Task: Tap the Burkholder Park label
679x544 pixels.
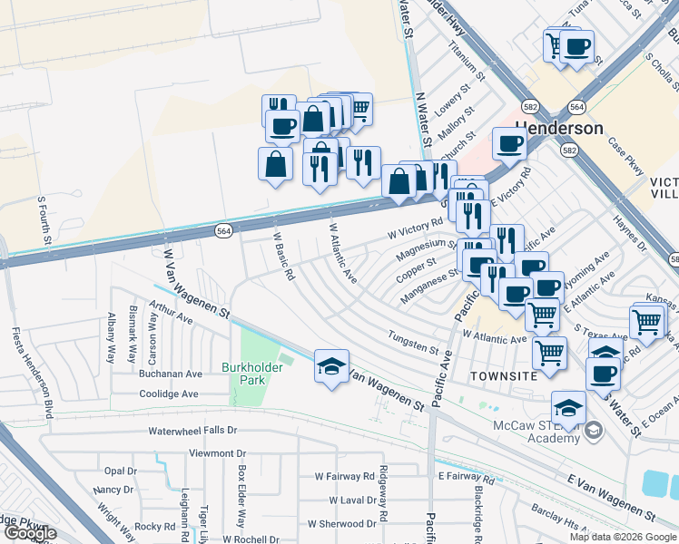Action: (x=252, y=374)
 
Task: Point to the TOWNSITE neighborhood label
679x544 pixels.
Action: (x=496, y=374)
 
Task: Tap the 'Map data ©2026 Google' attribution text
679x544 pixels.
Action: (x=623, y=537)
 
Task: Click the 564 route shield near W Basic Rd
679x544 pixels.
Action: (x=223, y=231)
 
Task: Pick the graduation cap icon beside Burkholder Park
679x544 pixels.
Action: (x=331, y=366)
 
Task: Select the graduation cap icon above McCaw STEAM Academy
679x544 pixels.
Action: (x=568, y=409)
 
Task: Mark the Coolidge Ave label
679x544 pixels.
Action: (x=168, y=394)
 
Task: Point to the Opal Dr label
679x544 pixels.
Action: (x=120, y=471)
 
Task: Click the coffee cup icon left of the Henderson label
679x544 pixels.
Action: (x=510, y=142)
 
